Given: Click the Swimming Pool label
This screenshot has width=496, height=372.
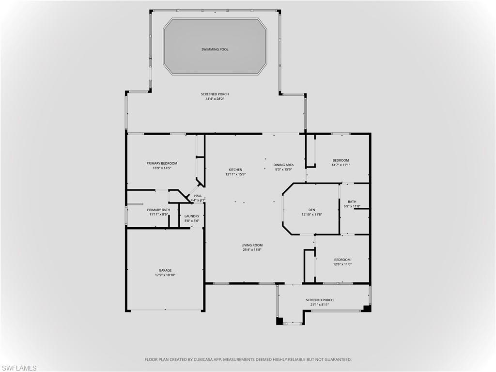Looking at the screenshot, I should [x=215, y=49].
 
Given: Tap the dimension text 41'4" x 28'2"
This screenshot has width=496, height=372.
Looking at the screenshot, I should [x=215, y=99].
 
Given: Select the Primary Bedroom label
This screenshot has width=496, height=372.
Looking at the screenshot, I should [x=162, y=163].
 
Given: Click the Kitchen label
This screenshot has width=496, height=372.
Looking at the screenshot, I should [x=235, y=170].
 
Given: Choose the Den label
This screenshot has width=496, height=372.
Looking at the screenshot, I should [x=311, y=210].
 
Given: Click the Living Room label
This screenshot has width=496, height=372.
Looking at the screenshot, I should [x=252, y=245].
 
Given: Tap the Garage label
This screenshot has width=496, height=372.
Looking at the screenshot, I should [x=165, y=270].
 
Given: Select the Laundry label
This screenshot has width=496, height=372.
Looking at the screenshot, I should [x=192, y=216].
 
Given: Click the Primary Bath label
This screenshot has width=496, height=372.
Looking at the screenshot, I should [x=158, y=210].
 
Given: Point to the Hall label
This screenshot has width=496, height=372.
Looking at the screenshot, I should [x=198, y=196].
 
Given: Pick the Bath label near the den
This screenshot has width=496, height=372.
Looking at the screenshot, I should [x=352, y=201].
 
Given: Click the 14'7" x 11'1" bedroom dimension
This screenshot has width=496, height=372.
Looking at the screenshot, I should [x=341, y=165].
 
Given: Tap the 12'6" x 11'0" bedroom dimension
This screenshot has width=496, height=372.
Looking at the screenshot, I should [x=342, y=264].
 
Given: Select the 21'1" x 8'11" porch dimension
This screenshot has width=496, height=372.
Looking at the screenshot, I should [x=320, y=305].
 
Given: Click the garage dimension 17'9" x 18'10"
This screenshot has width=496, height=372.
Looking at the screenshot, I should [x=165, y=275].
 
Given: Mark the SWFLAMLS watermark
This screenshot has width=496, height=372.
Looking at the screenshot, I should [x=19, y=368].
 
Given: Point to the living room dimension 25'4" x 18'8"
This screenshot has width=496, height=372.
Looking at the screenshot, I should [x=252, y=250].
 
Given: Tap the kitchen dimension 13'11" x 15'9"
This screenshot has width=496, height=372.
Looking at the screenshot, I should [x=235, y=174].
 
